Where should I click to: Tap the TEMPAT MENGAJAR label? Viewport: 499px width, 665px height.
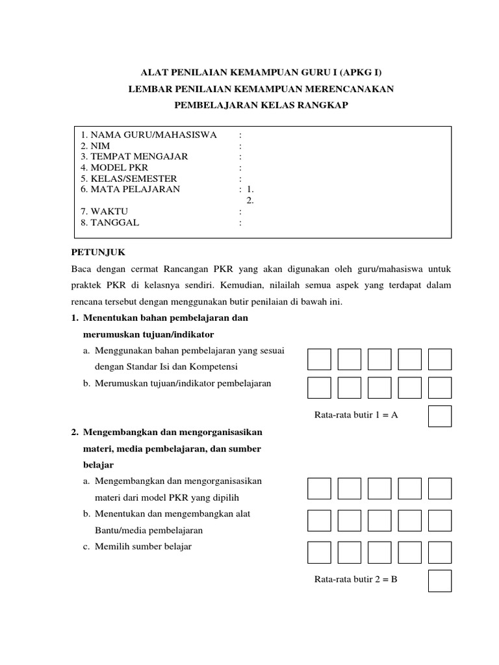click(134, 157)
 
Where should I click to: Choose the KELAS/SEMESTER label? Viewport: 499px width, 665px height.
click(129, 179)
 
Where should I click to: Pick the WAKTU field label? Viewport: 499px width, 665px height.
click(104, 212)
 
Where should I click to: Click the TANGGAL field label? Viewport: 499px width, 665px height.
click(110, 223)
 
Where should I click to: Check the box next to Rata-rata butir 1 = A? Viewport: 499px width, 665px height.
click(440, 416)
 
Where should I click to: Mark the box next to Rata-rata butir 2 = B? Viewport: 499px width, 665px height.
click(440, 581)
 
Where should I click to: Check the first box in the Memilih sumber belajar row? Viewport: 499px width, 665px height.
click(319, 551)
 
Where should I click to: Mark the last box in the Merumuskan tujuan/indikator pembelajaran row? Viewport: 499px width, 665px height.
click(440, 388)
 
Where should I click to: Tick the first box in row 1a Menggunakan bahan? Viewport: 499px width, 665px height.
click(319, 359)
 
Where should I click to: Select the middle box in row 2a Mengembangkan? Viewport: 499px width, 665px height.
click(379, 488)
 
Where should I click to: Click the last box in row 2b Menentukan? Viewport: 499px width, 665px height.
click(440, 520)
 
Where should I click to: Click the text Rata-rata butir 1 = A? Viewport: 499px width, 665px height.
click(355, 416)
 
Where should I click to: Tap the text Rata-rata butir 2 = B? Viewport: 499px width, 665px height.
click(355, 579)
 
